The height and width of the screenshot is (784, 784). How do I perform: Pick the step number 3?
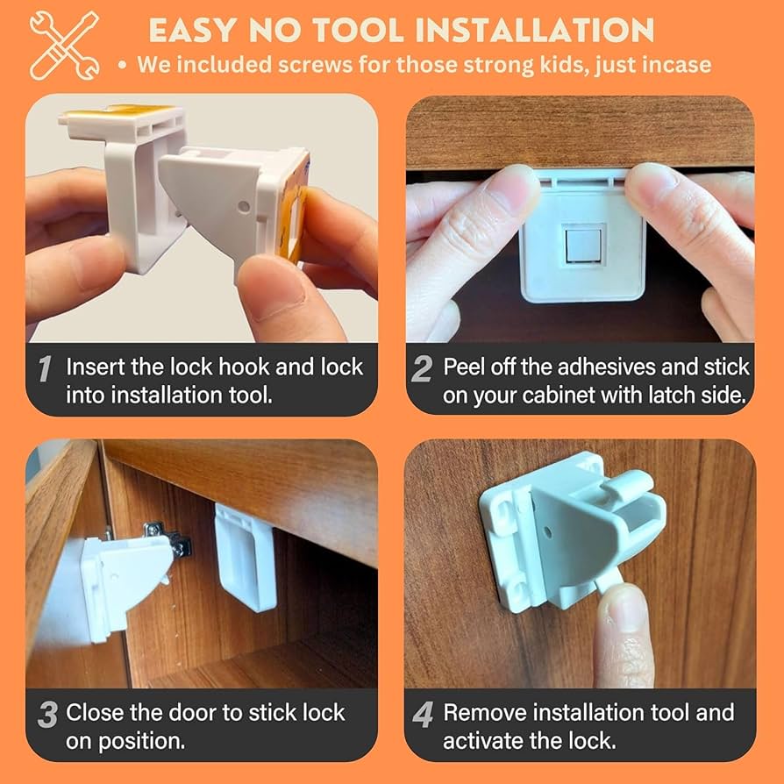point(46,715)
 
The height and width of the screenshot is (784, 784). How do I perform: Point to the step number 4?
point(423,715)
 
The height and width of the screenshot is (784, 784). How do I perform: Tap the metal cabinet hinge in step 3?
point(167,539)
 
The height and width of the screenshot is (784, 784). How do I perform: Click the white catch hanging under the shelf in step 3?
point(245,557)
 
